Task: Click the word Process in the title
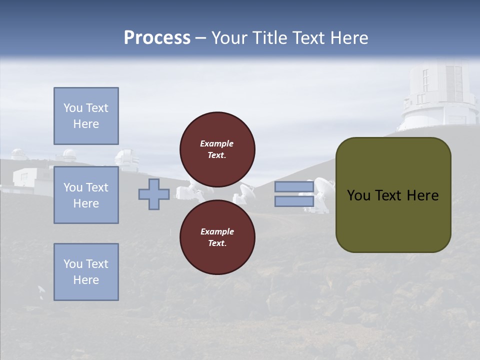click(x=157, y=38)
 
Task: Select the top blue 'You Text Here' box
click(x=86, y=116)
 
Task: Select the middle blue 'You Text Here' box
click(x=86, y=195)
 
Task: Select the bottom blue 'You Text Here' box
click(x=86, y=271)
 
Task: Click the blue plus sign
click(x=154, y=194)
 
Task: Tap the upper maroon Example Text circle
click(x=217, y=149)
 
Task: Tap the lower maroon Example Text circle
click(x=217, y=237)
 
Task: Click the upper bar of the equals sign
click(x=294, y=186)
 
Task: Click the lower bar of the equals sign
click(x=294, y=201)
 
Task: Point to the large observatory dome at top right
click(x=440, y=95)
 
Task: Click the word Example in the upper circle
click(x=217, y=143)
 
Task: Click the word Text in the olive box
click(x=389, y=195)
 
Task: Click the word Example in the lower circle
click(x=217, y=231)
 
